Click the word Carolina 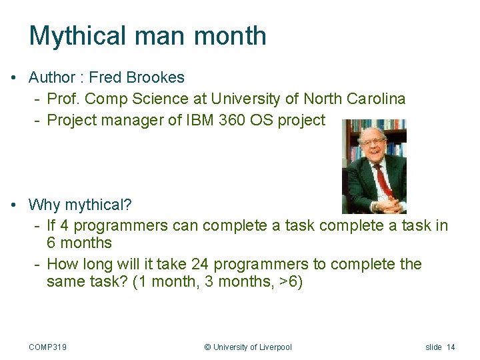pyautogui.click(x=376, y=99)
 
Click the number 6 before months pyautogui.click(x=51, y=243)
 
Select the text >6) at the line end pyautogui.click(x=291, y=281)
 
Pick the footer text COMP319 pyautogui.click(x=47, y=347)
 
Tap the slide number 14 pyautogui.click(x=451, y=347)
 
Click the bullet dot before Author pyautogui.click(x=14, y=78)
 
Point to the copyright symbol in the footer pyautogui.click(x=207, y=347)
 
